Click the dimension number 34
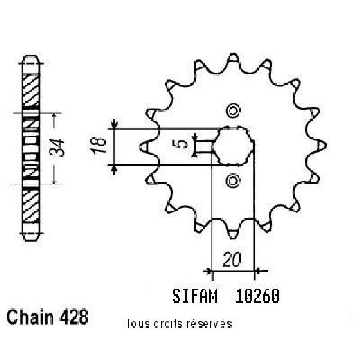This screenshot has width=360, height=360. pos(57,148)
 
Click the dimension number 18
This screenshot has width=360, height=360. pos(98,147)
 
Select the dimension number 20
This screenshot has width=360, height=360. pos(232,260)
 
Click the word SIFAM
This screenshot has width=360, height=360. pos(195,296)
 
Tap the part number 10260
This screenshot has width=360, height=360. pos(257,296)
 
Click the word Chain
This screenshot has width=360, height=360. pos(30,317)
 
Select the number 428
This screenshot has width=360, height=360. pos(74,317)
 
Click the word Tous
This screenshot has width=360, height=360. pos(137,323)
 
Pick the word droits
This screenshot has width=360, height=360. pos(168,323)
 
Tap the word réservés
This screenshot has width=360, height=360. pos(209,323)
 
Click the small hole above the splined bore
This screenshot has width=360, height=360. pos(233,111)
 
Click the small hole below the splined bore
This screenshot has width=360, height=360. pos(233,180)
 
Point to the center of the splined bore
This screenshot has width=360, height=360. pos(233,146)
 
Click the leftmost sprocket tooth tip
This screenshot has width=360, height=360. pos(140,146)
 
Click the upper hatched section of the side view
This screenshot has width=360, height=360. pos(31,90)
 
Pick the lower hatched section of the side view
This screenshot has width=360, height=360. pos(31,205)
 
